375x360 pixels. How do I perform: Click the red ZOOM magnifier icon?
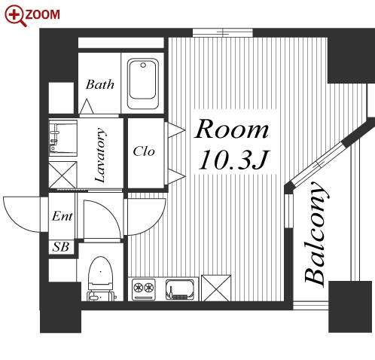[15, 16]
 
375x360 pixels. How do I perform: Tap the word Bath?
[100, 84]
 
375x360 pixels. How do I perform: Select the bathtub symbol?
[143, 84]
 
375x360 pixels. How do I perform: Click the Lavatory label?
[100, 154]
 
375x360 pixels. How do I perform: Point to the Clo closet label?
[144, 151]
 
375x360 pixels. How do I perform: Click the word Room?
[232, 129]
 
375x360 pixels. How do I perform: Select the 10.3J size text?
[234, 159]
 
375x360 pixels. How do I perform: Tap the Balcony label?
[316, 233]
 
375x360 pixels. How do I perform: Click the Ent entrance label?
[62, 216]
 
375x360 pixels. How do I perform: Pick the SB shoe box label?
[61, 246]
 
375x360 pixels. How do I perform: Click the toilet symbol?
[100, 279]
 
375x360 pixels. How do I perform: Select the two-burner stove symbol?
[143, 289]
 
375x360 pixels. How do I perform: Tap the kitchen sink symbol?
[180, 290]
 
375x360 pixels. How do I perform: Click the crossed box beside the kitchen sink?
[216, 288]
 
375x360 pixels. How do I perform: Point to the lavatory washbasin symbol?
[62, 138]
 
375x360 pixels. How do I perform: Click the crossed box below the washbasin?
[62, 175]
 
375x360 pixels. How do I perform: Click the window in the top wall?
[223, 33]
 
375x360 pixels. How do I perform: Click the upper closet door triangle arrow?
[176, 130]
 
